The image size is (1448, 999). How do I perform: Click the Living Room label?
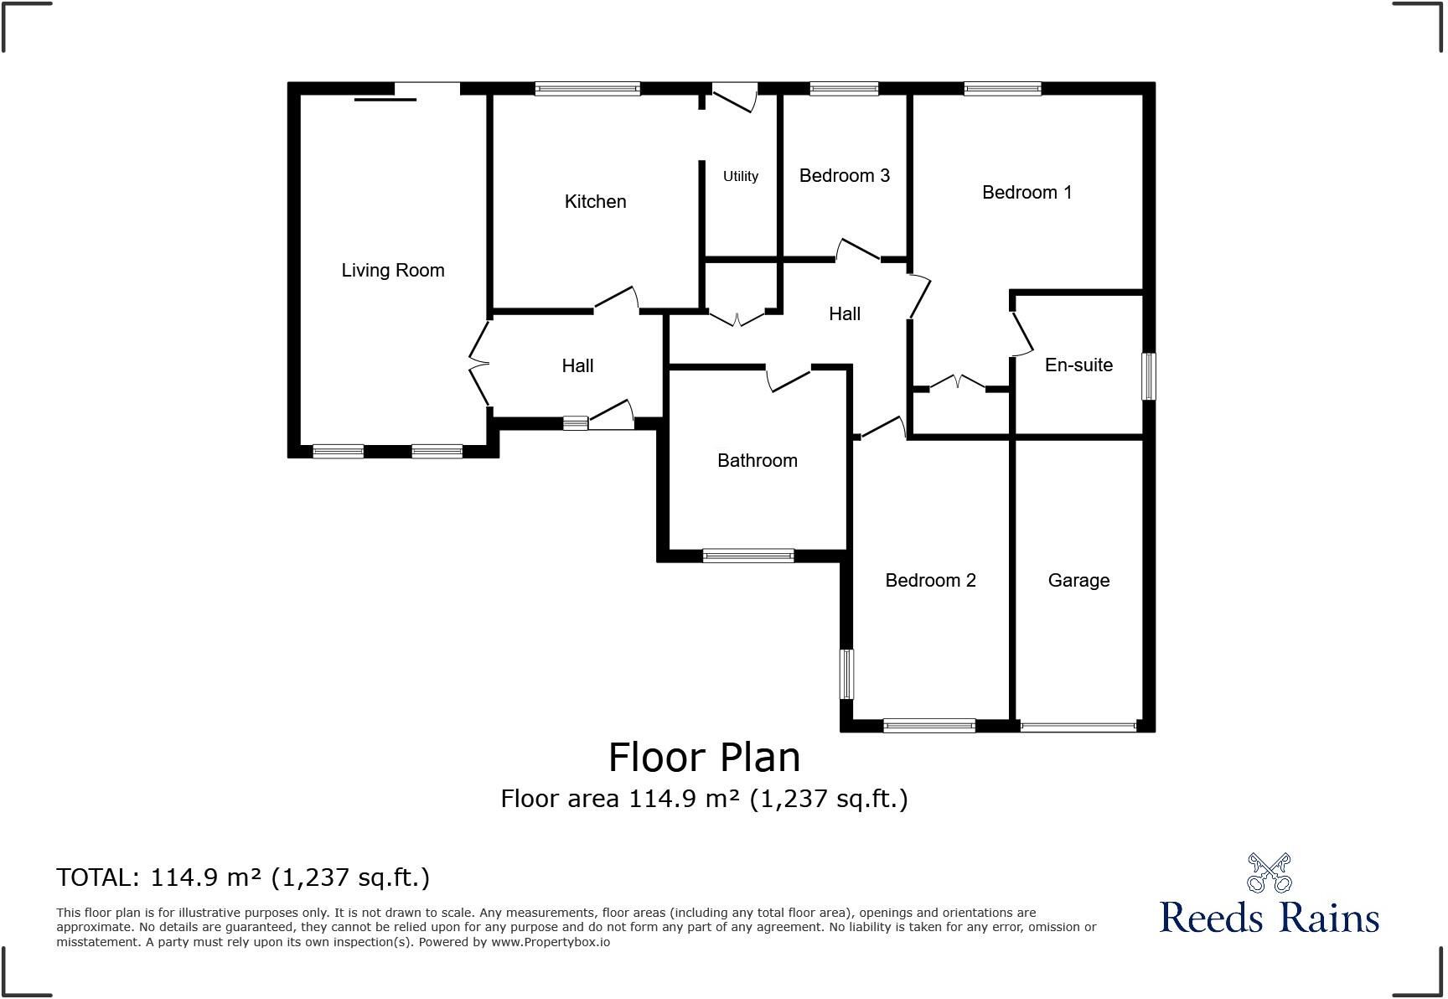392,271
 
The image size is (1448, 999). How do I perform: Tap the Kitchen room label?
595,202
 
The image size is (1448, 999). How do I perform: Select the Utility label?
741,176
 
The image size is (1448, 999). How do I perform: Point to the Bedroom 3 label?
844,176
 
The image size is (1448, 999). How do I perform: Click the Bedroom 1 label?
1027,193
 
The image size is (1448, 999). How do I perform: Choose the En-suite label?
1078,365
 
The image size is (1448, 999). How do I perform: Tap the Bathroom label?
757,461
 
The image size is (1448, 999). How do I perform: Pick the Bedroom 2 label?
930,581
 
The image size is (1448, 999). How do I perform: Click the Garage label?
1078,581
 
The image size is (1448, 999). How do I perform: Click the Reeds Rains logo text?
1269,917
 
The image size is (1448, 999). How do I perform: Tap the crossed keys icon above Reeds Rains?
1269,873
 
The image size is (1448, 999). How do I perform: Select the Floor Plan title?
704,758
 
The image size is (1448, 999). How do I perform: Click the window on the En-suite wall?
1149,376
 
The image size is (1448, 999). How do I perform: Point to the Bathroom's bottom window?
748,555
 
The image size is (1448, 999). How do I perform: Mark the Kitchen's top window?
587,89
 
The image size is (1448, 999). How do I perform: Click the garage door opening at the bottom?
1078,727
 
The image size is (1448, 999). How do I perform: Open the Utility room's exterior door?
734,96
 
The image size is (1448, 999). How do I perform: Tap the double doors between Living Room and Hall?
478,364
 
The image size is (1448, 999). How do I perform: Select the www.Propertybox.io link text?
551,942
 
